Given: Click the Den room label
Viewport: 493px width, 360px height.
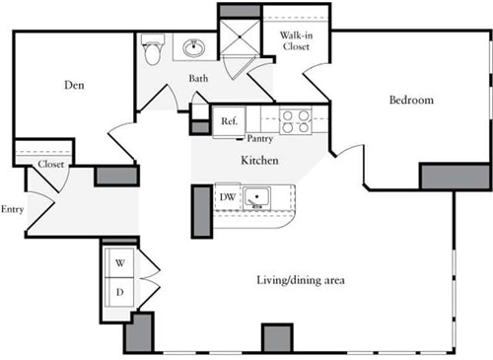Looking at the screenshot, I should [74, 86].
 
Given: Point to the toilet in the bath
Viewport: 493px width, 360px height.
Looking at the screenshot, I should [151, 49].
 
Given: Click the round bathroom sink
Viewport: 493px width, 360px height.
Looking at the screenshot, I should [194, 48].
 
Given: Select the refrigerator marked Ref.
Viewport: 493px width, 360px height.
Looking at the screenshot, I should [229, 120].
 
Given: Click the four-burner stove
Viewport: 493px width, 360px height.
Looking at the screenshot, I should [294, 120].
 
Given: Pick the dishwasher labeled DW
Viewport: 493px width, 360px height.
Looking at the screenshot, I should [227, 197].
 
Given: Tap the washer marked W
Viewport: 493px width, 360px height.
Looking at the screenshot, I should [120, 263].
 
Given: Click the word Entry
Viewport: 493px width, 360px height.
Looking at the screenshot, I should [12, 209].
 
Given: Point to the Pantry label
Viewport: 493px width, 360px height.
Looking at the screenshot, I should [260, 139].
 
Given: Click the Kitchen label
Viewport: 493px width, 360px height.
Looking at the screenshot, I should [258, 160].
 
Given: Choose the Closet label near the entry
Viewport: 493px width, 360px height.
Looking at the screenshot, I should [51, 165].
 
